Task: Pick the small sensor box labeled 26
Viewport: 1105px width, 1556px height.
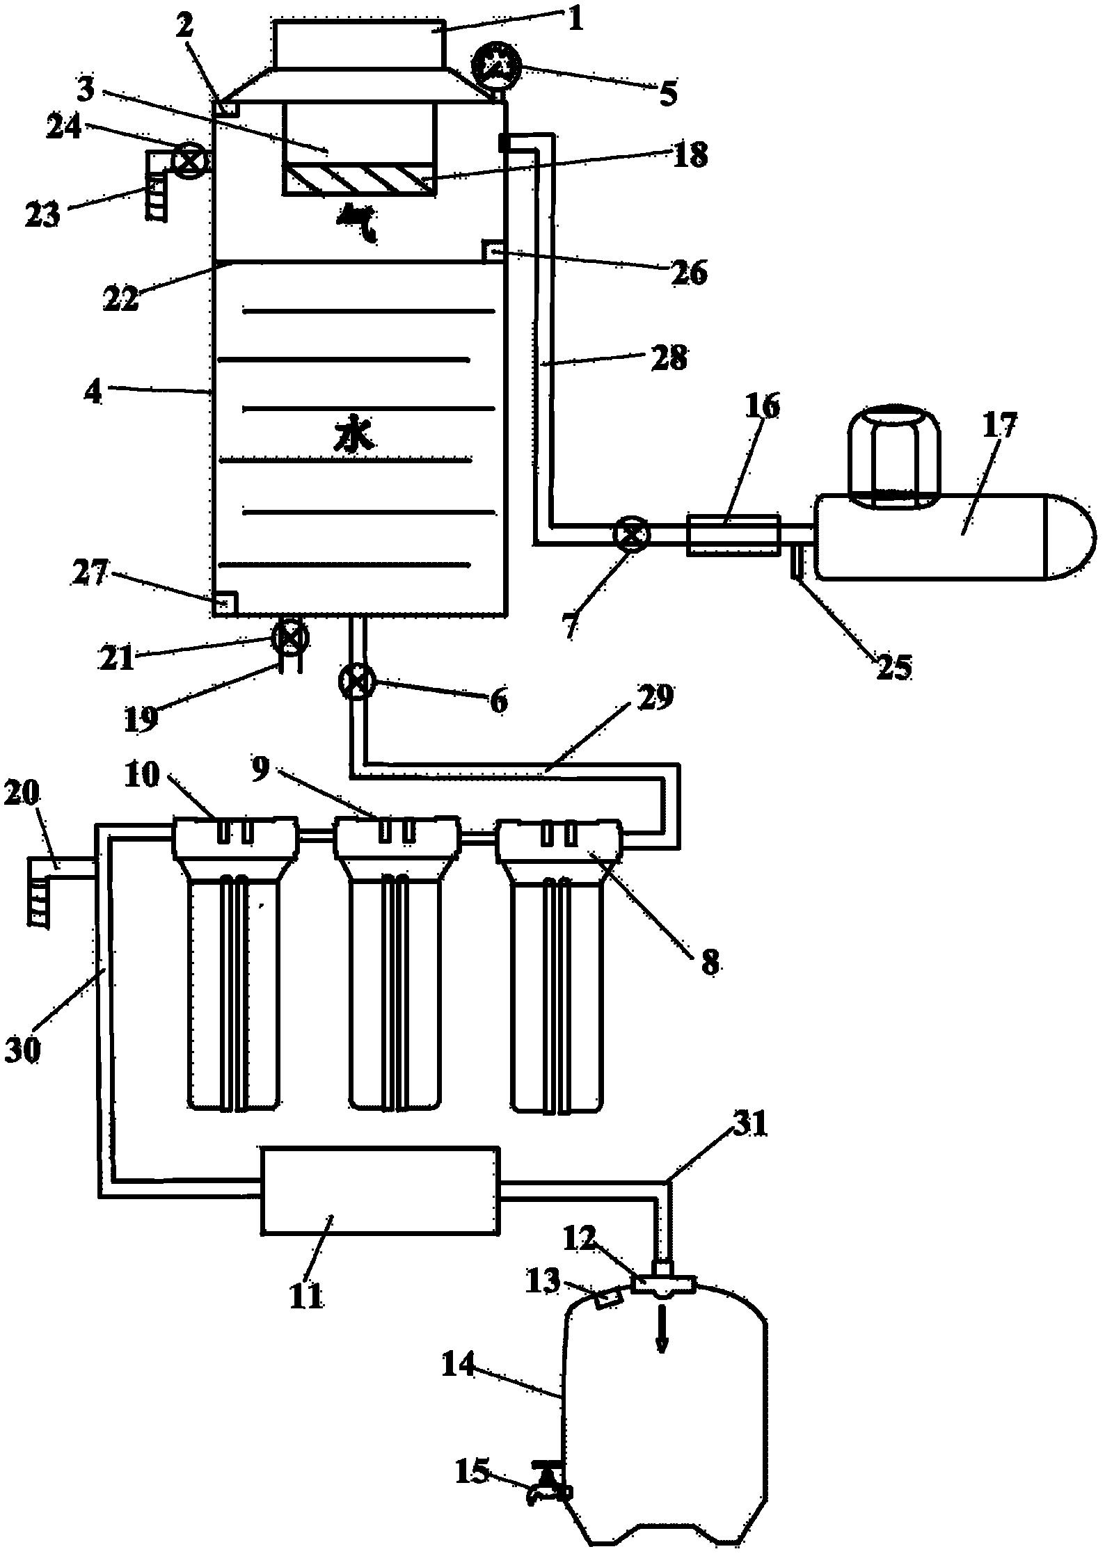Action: click(493, 250)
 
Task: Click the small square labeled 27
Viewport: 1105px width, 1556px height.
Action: click(225, 602)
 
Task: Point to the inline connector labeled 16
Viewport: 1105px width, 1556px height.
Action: click(733, 535)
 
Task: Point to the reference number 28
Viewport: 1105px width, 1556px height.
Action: click(667, 360)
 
